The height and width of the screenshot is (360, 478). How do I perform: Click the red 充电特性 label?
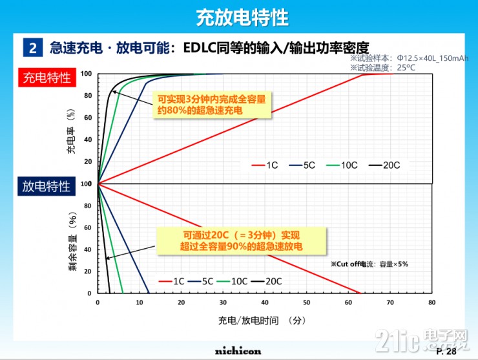pyautogui.click(x=47, y=78)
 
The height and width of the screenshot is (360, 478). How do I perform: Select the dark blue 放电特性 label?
pyautogui.click(x=47, y=187)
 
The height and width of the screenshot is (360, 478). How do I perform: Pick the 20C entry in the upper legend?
pyautogui.click(x=384, y=165)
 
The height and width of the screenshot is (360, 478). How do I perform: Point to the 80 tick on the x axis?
pyautogui.click(x=431, y=302)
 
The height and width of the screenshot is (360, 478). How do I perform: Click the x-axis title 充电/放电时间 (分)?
pyautogui.click(x=261, y=320)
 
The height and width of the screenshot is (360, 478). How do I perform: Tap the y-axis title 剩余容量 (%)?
pyautogui.click(x=72, y=241)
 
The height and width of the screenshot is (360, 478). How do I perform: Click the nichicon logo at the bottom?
pyautogui.click(x=238, y=350)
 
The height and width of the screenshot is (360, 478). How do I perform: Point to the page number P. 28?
pyautogui.click(x=446, y=351)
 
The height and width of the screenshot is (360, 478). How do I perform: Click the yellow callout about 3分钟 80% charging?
pyautogui.click(x=212, y=105)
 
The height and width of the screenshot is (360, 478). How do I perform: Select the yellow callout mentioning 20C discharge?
pyautogui.click(x=241, y=240)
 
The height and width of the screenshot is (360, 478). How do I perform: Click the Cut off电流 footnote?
pyautogui.click(x=369, y=264)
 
